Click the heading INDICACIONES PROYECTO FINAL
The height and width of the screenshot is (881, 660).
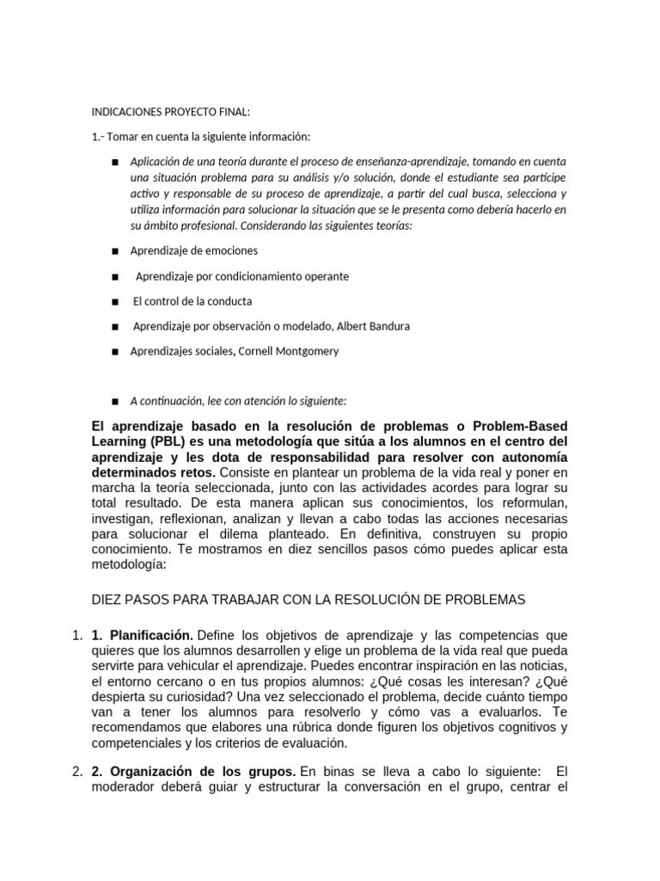pos(170,112)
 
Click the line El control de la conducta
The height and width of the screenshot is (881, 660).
pos(192,301)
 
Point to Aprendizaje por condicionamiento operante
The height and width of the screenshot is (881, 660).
pos(242,276)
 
